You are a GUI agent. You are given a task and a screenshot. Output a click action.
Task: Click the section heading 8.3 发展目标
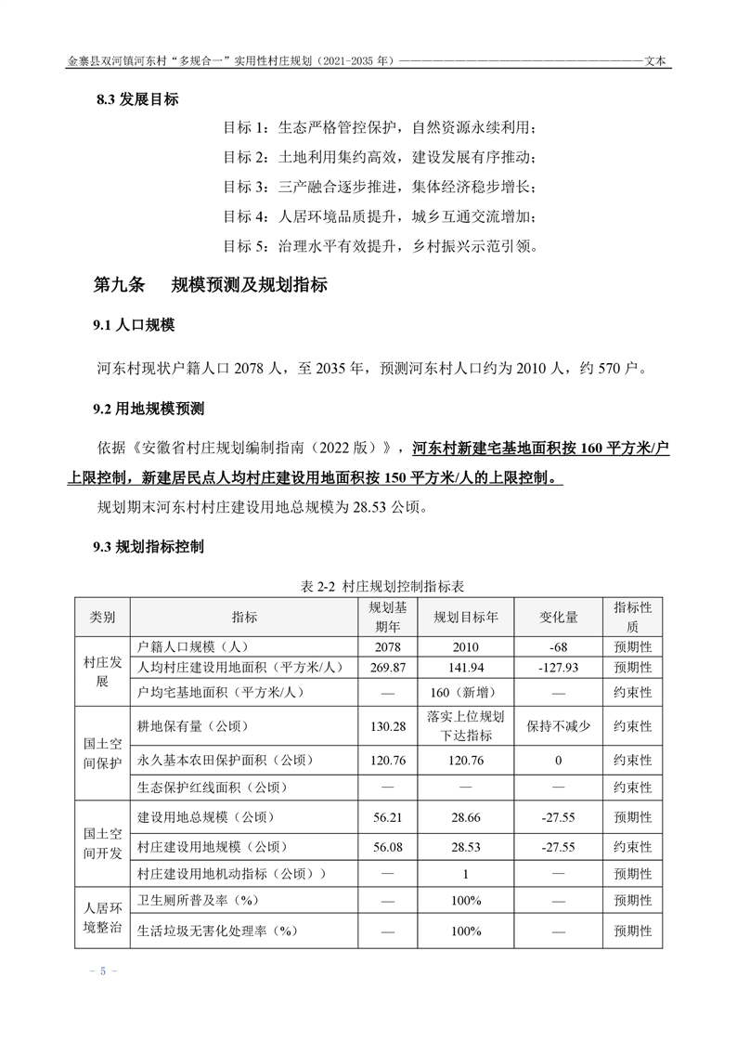(137, 99)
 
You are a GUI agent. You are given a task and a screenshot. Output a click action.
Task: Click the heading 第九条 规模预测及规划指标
(210, 285)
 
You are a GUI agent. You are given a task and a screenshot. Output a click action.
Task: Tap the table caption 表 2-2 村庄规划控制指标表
(382, 587)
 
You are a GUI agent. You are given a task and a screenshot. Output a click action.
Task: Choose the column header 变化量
(559, 618)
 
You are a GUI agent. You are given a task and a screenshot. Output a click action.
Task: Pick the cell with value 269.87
(387, 668)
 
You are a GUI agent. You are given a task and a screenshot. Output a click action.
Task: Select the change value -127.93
(559, 668)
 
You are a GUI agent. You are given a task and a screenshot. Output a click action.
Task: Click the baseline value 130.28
(387, 726)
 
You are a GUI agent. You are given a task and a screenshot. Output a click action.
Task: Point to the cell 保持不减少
(559, 726)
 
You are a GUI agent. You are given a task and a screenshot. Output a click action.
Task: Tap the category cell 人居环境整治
(102, 914)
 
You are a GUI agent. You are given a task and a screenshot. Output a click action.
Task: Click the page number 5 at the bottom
(103, 971)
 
